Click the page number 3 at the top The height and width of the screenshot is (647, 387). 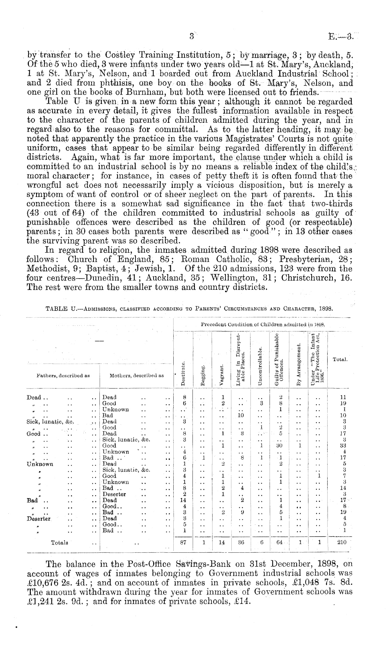coord(191,36)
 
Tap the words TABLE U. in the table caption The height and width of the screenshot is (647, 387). coord(59,308)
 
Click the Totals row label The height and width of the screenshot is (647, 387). coord(59,552)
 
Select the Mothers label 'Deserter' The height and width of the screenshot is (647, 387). coord(114,494)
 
